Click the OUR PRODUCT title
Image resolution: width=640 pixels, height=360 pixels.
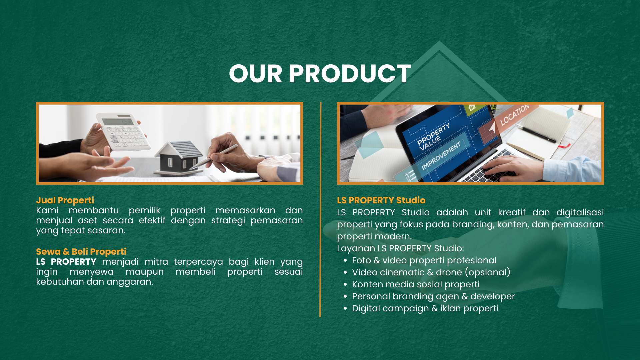pos(320,74)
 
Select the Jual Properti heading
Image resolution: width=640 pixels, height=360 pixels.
pos(65,200)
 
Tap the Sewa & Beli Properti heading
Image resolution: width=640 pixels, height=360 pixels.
pos(81,252)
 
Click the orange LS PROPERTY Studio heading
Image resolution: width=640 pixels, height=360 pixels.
pos(381,200)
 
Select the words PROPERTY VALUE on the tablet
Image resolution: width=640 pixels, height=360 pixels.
pos(433,137)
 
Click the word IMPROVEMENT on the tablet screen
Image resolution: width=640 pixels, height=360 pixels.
pos(441,156)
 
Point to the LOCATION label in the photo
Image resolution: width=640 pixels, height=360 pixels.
pos(514,115)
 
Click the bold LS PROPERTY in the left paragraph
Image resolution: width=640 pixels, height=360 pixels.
pos(66,262)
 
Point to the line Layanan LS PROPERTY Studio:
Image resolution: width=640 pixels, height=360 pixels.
pos(400,248)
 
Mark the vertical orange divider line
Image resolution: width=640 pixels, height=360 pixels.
pos(320,209)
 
